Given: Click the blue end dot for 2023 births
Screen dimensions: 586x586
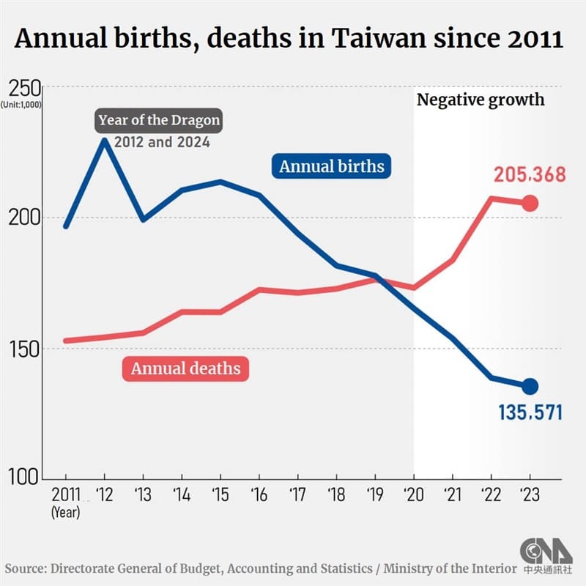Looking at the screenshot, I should pos(530,386).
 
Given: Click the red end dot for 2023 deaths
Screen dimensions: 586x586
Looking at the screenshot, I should pos(530,204).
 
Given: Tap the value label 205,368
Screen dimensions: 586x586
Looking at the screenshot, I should pos(528,176).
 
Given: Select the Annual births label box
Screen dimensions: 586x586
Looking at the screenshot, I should pos(332,166).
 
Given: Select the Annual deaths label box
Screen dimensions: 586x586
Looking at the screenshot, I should pos(185,368).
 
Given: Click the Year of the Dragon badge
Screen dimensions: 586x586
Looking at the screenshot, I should pos(159,119).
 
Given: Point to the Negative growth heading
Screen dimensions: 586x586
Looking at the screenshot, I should pos(481,100).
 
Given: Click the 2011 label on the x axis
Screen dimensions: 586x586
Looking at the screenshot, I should pos(65,495).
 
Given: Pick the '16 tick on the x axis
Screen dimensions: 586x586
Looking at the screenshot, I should pos(258,495).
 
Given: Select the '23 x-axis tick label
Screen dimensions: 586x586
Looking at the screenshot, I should pos(530,495).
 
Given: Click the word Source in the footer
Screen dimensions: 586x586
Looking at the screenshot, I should pos(27,569).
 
